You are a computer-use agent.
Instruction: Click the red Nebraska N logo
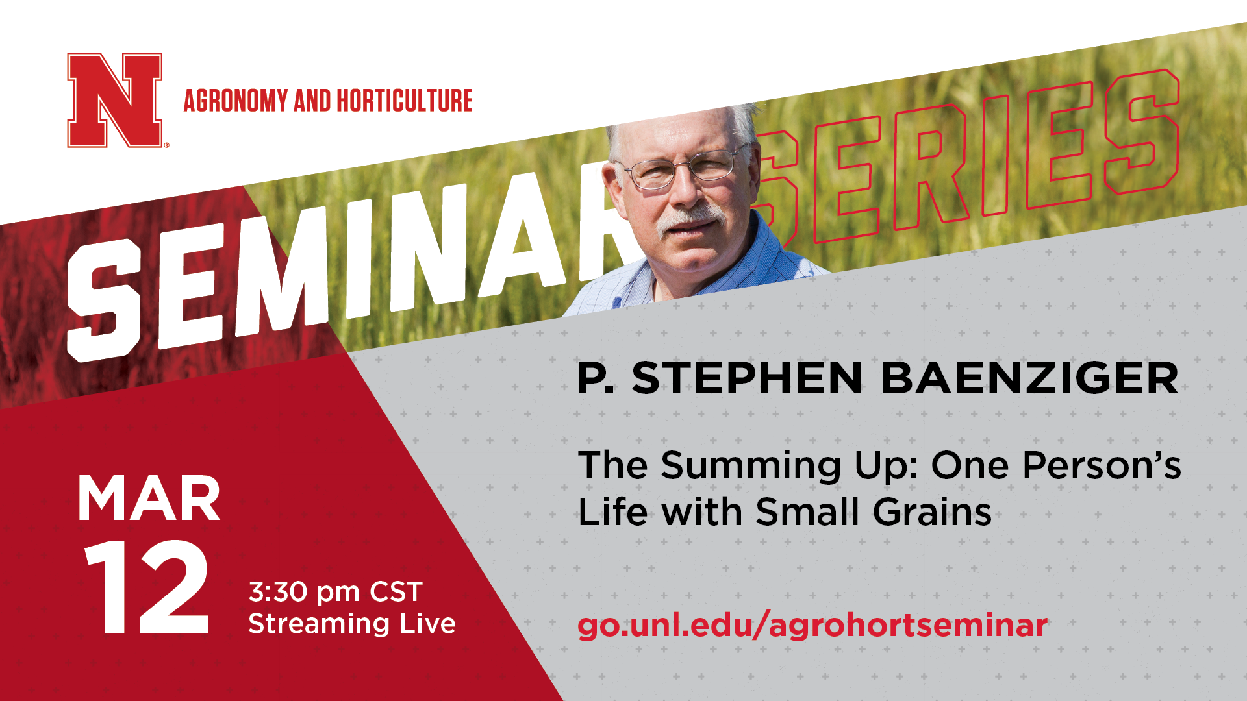coord(115,100)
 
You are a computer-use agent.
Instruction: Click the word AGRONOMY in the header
coord(236,101)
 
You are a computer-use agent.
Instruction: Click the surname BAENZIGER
coord(1029,378)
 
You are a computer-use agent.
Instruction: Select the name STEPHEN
coord(747,378)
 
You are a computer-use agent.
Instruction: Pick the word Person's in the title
coord(1102,465)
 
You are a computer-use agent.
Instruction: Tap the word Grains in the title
coord(932,512)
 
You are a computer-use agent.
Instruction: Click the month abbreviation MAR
coord(149,499)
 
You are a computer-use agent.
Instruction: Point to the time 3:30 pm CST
coord(336,592)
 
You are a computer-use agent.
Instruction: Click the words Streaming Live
coord(352,624)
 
